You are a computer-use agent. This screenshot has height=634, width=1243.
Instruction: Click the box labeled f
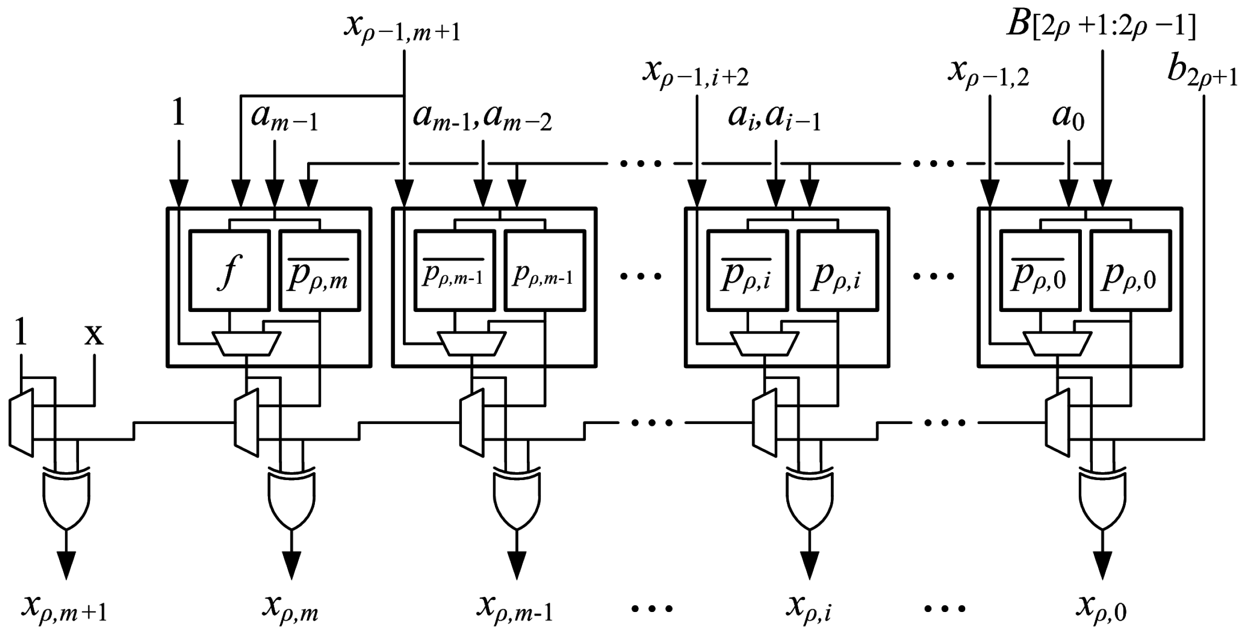[229, 271]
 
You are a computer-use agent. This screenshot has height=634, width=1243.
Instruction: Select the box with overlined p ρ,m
[320, 271]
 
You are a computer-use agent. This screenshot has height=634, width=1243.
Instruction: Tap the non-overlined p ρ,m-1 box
[545, 271]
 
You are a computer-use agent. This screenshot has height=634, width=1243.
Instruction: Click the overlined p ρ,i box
[747, 271]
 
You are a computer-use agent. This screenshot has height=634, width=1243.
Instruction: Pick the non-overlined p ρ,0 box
[1130, 271]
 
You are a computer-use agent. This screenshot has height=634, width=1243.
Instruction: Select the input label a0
[1068, 118]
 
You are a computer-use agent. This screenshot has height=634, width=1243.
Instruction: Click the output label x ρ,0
[1101, 608]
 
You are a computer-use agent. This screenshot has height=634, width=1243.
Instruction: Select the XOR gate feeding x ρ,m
[291, 497]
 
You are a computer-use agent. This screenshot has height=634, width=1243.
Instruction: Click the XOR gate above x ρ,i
[809, 497]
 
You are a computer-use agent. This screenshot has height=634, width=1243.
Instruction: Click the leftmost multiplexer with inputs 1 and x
[21, 422]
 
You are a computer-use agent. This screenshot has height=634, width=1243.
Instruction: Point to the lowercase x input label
[94, 335]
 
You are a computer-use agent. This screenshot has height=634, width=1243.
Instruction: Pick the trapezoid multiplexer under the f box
[246, 343]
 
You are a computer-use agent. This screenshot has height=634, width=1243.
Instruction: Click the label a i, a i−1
[774, 118]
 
